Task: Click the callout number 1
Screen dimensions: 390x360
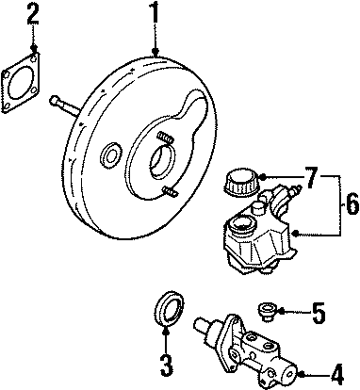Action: pyautogui.click(x=154, y=14)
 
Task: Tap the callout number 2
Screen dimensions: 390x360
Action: pyautogui.click(x=34, y=14)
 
